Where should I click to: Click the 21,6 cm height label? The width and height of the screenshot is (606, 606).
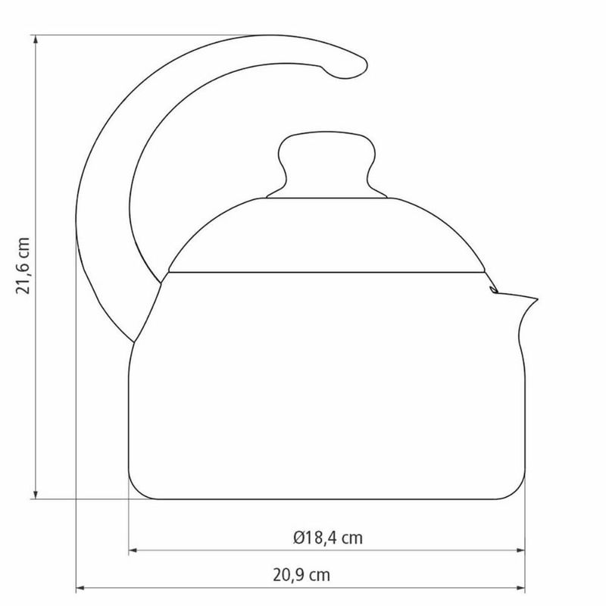(x=23, y=266)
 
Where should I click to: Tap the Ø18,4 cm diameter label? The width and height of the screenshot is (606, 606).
(x=328, y=538)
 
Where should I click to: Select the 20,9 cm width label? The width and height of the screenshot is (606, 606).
(x=301, y=575)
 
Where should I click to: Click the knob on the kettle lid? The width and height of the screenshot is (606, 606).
(x=327, y=165)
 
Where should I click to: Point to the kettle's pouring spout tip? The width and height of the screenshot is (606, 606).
(x=537, y=298)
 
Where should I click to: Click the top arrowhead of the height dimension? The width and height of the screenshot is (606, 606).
(x=36, y=40)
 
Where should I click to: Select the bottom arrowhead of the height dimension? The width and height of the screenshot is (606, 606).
(x=36, y=494)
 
